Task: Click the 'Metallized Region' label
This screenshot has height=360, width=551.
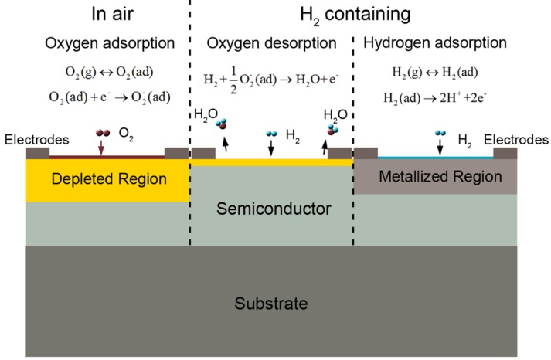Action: pyautogui.click(x=435, y=177)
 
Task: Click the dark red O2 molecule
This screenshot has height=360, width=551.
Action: pyautogui.click(x=101, y=134)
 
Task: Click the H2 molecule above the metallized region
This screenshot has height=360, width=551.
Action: pyautogui.click(x=440, y=134)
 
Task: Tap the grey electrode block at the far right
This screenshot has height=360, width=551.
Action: pyautogui.click(x=505, y=153)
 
